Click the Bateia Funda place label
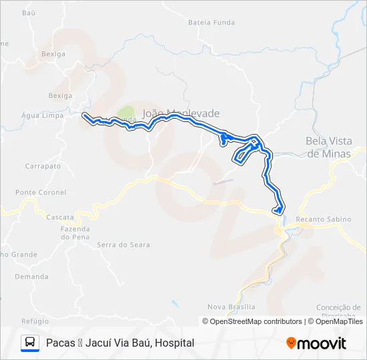212,22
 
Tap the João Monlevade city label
181,113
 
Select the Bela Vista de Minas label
329,147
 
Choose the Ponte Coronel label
41,193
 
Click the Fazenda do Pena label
75,233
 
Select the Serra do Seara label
123,245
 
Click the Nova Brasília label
232,307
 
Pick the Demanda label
32,276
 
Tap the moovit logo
316,343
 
